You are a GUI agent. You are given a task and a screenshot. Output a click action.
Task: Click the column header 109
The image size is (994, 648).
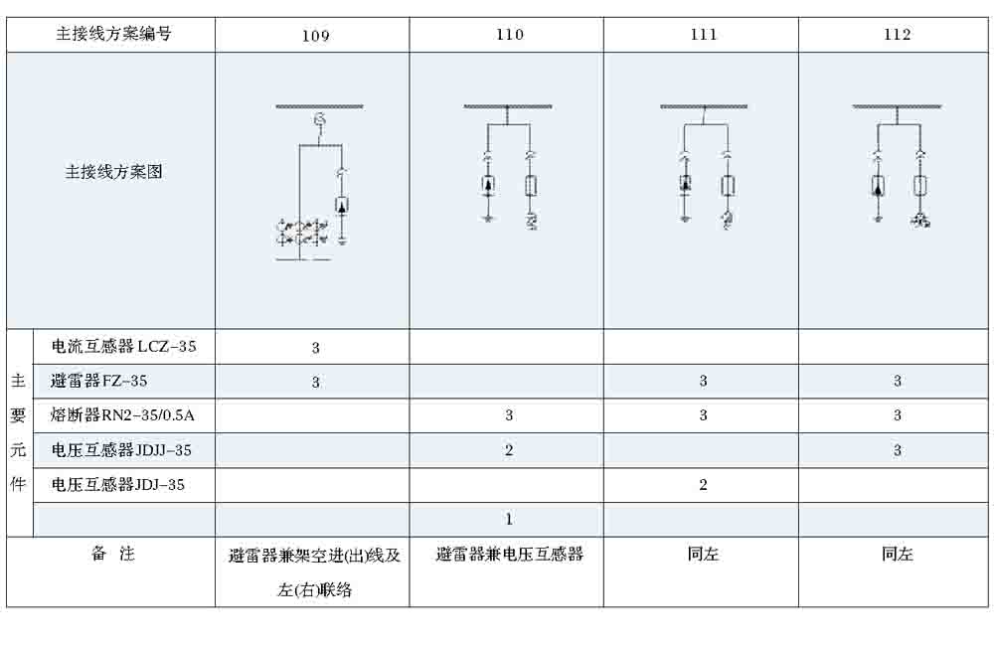pyautogui.click(x=315, y=36)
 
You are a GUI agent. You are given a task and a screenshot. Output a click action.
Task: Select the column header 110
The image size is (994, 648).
pyautogui.click(x=509, y=35)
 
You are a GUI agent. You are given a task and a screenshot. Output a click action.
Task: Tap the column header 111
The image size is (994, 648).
pyautogui.click(x=703, y=35)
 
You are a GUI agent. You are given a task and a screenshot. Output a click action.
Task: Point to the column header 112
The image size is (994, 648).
pyautogui.click(x=897, y=35)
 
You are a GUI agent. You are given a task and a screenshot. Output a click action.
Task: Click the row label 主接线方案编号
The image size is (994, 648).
pyautogui.click(x=113, y=34)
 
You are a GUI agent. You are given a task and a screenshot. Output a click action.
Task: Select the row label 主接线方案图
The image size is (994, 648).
pyautogui.click(x=113, y=172)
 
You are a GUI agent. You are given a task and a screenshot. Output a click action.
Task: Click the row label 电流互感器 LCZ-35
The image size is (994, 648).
pyautogui.click(x=124, y=347)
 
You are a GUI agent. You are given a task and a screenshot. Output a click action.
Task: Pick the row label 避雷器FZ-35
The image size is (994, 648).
pyautogui.click(x=99, y=381)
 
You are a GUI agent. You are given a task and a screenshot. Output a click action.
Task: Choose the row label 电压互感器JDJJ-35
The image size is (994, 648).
pyautogui.click(x=121, y=450)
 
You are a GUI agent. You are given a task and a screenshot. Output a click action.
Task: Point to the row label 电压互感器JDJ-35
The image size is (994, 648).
pyautogui.click(x=118, y=485)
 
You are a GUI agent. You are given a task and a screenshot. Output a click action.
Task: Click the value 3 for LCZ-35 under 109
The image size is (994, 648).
pyautogui.click(x=315, y=348)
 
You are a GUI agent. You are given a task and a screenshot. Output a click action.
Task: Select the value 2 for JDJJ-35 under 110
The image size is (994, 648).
pyautogui.click(x=509, y=450)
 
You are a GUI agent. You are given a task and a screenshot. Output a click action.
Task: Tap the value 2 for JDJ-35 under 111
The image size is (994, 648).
pyautogui.click(x=703, y=485)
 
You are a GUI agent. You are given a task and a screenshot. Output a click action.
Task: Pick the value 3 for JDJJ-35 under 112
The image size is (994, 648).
pyautogui.click(x=897, y=450)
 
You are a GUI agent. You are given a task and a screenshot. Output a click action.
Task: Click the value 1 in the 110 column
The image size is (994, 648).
pyautogui.click(x=509, y=519)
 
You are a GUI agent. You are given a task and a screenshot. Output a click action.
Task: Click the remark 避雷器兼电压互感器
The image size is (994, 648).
pyautogui.click(x=509, y=555)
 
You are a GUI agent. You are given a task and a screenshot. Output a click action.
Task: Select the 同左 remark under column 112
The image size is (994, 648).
pyautogui.click(x=897, y=555)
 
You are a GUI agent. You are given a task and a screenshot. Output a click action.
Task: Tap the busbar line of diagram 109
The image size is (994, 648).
pyautogui.click(x=319, y=105)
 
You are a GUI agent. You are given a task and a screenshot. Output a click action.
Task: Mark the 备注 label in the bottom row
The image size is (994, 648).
pyautogui.click(x=112, y=555)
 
